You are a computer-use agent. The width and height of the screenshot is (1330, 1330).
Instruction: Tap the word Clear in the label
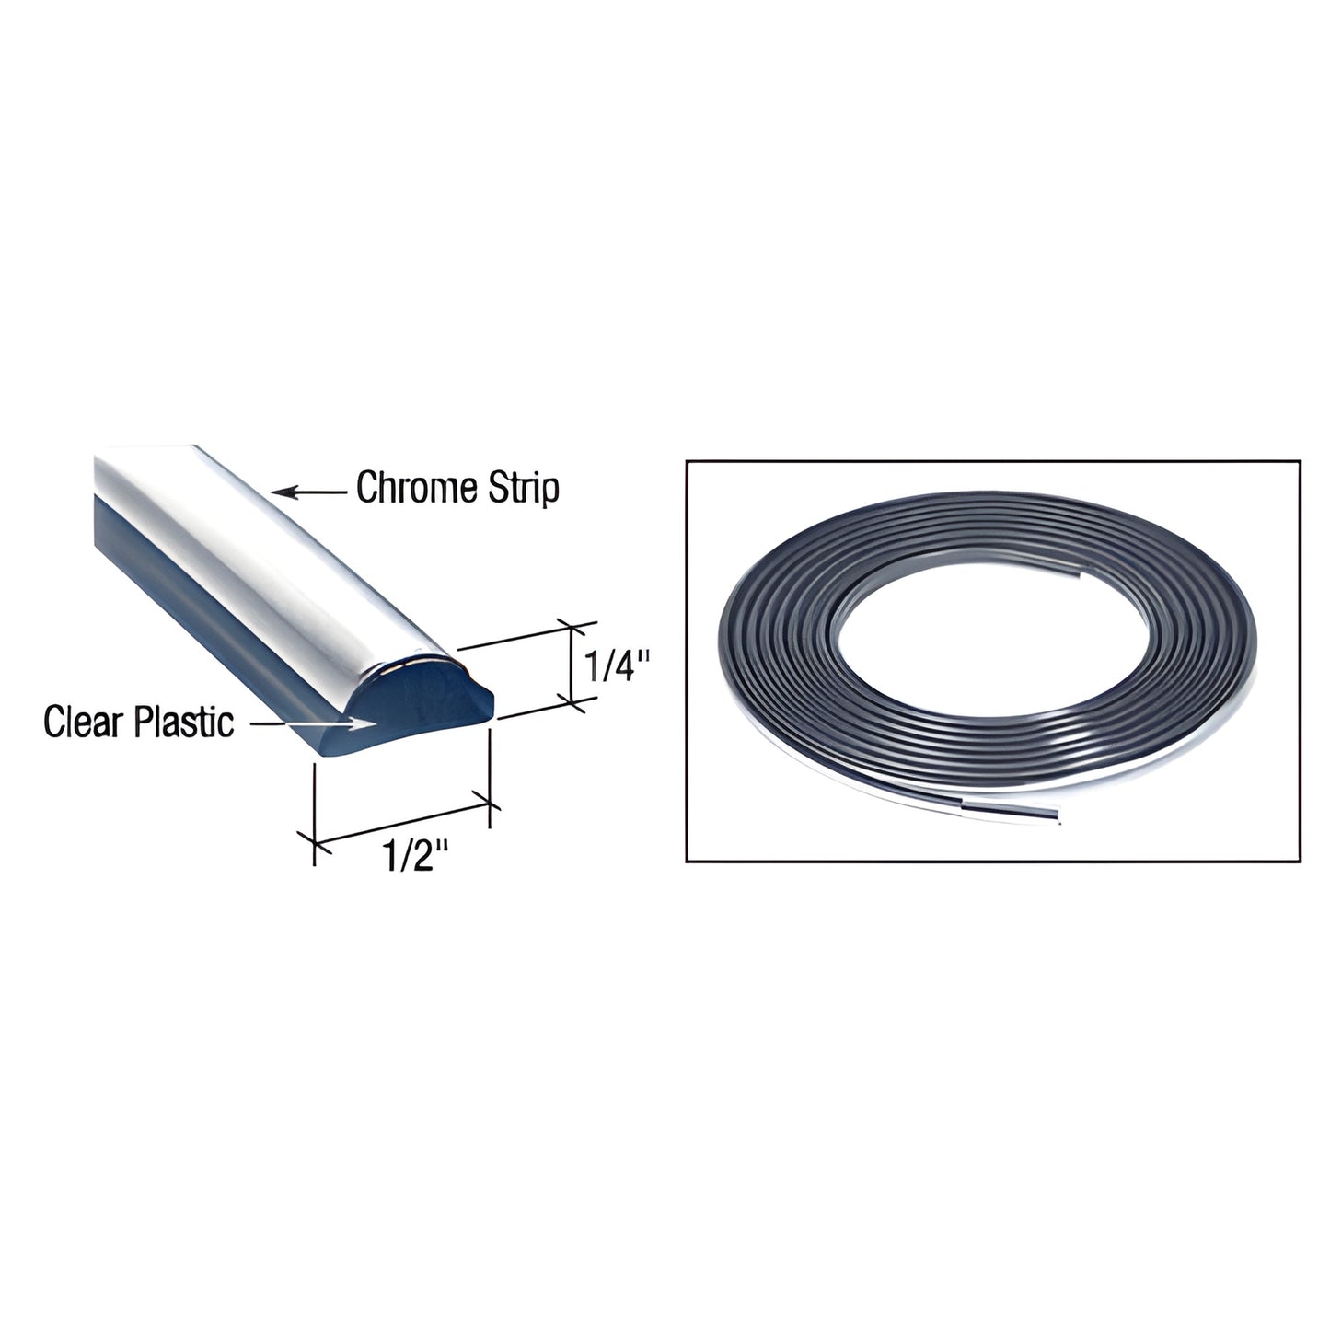tap(84, 723)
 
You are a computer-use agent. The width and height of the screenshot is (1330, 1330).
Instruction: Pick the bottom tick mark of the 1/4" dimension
tap(577, 703)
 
